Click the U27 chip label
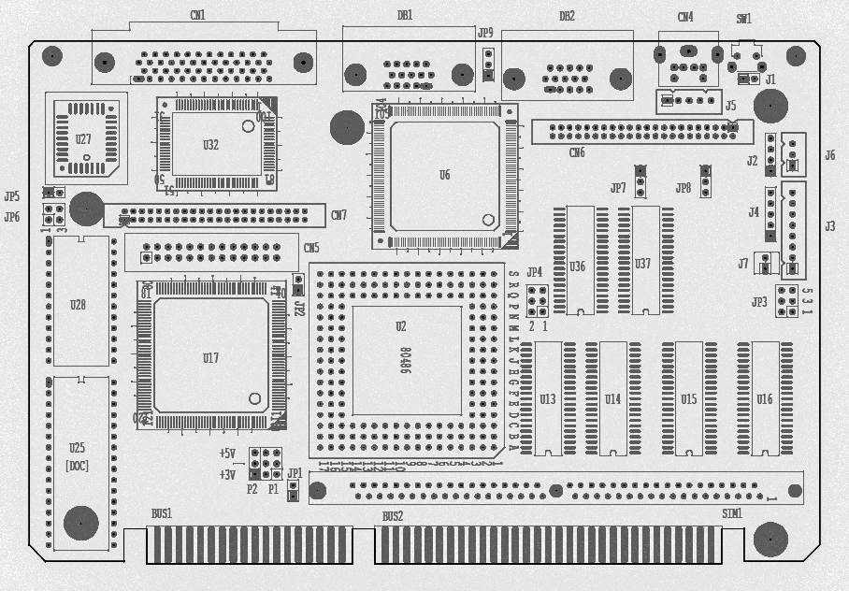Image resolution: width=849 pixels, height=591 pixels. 83,139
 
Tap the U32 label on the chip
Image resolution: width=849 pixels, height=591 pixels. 210,145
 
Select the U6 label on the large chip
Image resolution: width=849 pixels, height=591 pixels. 444,175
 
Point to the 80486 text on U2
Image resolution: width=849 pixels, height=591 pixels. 405,360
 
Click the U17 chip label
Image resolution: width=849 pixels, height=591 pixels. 210,358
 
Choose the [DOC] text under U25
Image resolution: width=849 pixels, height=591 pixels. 77,466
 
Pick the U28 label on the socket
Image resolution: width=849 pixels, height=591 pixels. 78,305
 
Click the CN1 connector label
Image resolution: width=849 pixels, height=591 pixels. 197,15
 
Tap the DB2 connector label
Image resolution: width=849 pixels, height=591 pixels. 567,16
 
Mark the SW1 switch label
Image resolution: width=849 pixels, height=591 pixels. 743,19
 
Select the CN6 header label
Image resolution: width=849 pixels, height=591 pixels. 577,153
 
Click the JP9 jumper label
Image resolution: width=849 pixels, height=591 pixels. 485,34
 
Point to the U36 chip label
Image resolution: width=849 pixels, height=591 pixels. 577,267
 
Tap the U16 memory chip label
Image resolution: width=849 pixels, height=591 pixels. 764,399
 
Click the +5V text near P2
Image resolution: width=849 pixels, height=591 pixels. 227,454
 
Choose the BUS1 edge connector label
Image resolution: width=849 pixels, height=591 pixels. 162,514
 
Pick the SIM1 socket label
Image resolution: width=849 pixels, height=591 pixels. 731,514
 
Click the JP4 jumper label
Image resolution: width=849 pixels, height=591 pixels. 534,273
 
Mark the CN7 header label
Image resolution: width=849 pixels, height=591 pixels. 338,216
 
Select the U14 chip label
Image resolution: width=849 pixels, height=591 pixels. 612,399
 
